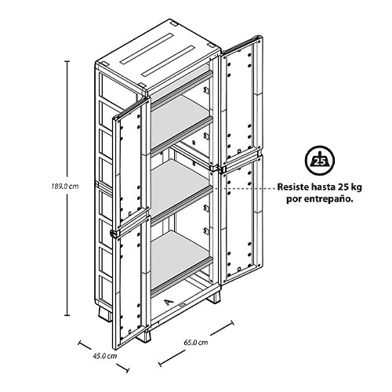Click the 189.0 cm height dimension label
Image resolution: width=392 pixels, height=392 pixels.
(x=65, y=187)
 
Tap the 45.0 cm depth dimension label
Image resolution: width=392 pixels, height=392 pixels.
(x=104, y=356)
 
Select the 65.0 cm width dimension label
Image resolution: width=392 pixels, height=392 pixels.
(x=196, y=343)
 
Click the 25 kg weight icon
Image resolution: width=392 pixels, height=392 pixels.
(x=320, y=160)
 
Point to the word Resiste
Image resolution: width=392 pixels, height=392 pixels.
(x=292, y=187)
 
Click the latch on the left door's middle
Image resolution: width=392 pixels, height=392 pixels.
(x=114, y=234)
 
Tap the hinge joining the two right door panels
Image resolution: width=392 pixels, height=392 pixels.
(x=223, y=169)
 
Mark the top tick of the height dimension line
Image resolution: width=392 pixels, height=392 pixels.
(x=67, y=61)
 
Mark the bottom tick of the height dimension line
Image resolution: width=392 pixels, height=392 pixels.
(x=67, y=315)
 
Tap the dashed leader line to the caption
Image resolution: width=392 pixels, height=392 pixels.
(x=245, y=187)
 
